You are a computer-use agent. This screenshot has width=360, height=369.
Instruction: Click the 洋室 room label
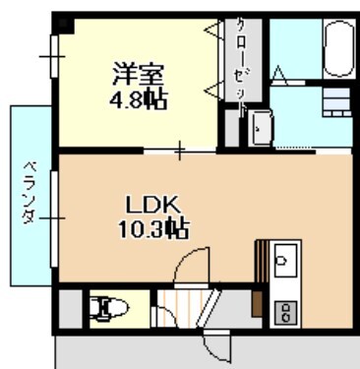tap(131, 73)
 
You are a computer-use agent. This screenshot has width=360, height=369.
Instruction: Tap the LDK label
tap(150, 205)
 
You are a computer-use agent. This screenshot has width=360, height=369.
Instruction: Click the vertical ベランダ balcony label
tap(30, 191)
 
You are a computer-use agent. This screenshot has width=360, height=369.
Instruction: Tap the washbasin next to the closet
tap(261, 127)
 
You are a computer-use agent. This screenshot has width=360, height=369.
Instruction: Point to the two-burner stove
tap(286, 312)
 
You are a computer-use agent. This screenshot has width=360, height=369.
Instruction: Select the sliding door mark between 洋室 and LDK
tap(180, 152)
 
